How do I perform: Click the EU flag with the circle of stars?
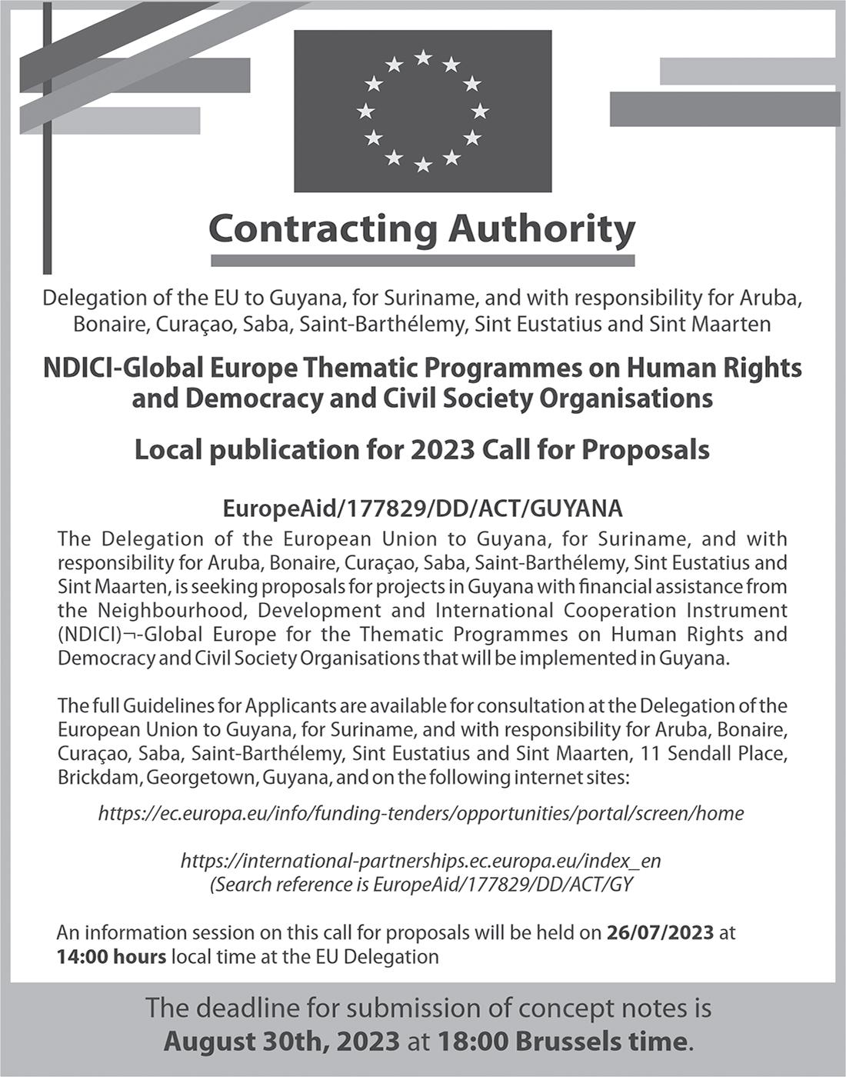coord(423,111)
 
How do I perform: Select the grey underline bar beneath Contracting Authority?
coord(422,261)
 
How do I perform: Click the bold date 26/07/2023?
coord(661,933)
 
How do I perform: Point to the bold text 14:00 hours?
coord(111,957)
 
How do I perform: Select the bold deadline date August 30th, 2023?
coord(281,1042)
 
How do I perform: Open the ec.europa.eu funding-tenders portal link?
coord(421,813)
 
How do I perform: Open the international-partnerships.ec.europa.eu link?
coord(421,860)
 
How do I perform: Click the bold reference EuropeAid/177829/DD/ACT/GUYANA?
coord(422,508)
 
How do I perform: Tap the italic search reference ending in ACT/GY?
coord(421,884)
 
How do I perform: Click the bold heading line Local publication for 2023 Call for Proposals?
coord(422,449)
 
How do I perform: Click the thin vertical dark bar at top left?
coord(48,138)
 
